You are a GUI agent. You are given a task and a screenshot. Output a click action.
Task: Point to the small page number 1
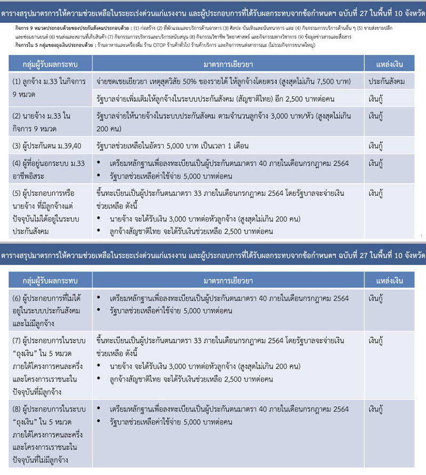[x=421, y=235]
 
